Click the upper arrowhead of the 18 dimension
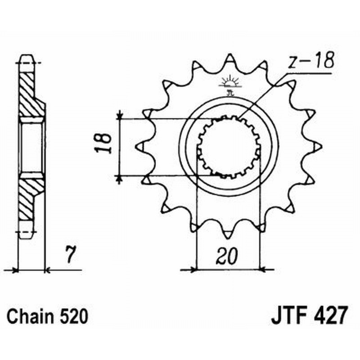[119, 116]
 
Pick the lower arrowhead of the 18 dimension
[119, 179]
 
